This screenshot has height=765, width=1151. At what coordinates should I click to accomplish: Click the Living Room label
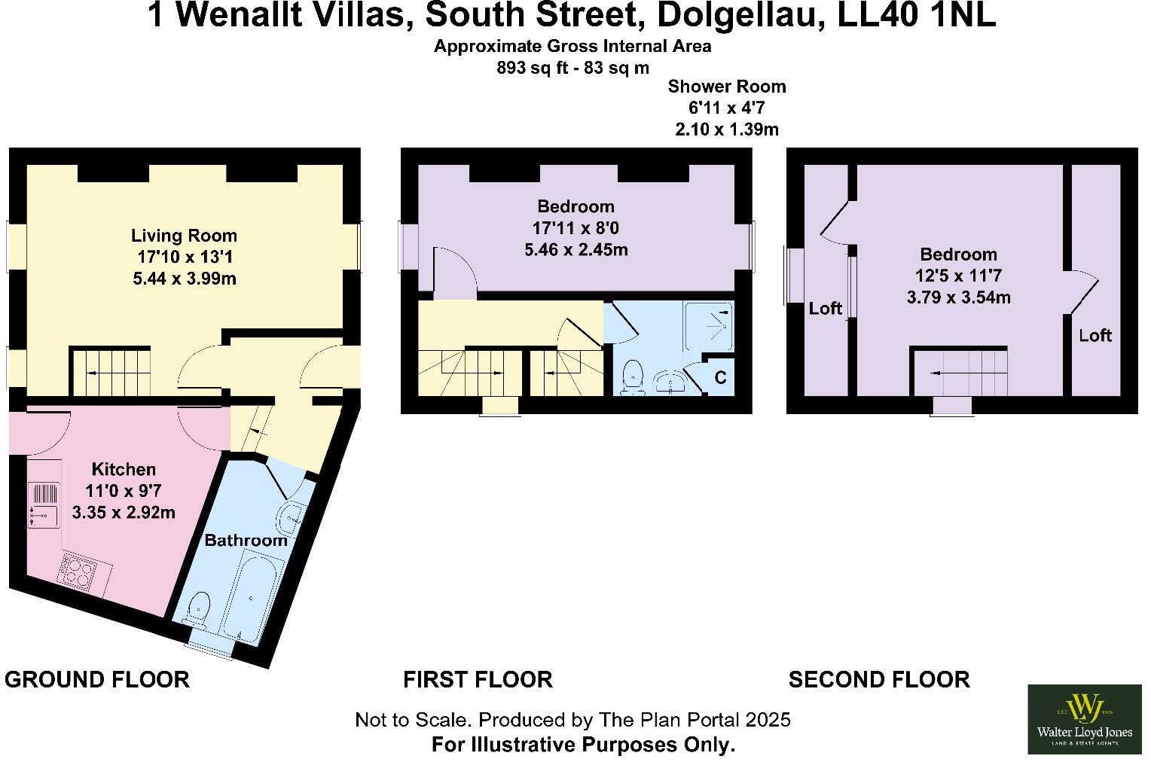(184, 236)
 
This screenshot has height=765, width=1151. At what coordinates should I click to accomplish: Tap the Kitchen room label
(124, 469)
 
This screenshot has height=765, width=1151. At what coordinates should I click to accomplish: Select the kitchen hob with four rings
(78, 570)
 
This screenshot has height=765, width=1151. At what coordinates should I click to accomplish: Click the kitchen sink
(44, 515)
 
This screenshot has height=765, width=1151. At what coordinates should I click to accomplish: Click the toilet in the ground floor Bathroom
(198, 608)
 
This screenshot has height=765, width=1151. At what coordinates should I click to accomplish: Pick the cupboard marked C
(719, 376)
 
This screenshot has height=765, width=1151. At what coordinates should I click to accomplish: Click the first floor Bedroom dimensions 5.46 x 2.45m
(575, 249)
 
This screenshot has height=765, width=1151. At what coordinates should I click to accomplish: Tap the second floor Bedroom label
(958, 254)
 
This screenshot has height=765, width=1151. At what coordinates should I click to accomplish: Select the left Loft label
(825, 308)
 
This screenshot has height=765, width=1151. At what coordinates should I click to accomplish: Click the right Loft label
(1095, 335)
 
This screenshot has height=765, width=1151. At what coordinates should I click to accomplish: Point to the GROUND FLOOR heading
(97, 679)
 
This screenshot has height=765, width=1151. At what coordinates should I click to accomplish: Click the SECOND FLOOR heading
(878, 679)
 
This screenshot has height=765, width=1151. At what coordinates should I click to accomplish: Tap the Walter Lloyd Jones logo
(1084, 718)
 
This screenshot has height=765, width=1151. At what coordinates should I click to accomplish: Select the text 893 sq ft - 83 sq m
(572, 67)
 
